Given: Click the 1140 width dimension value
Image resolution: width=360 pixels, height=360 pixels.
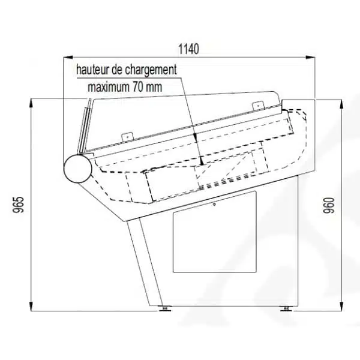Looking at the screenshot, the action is click(189, 49).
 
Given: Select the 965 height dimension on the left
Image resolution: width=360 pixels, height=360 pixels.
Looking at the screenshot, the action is click(19, 205).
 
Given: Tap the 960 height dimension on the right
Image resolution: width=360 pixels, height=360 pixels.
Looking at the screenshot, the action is click(329, 205).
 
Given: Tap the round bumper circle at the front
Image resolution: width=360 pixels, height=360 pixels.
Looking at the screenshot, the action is click(77, 169).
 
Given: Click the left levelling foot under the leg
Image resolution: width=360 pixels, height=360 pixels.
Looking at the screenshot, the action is click(164, 308).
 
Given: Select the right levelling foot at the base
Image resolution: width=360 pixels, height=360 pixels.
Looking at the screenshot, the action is click(286, 308).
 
